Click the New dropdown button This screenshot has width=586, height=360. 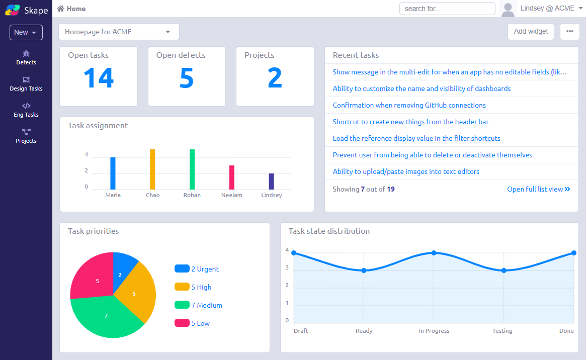(x=26, y=33)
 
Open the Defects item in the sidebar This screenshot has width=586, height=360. (x=26, y=58)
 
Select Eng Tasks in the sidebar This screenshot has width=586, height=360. (x=26, y=110)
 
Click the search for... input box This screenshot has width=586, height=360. (x=447, y=9)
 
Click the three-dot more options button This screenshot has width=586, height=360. (x=569, y=31)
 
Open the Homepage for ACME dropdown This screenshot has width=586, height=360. (x=119, y=32)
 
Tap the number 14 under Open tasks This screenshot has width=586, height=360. (x=99, y=78)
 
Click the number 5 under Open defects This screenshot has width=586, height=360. (x=187, y=78)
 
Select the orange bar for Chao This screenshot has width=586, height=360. (x=152, y=169)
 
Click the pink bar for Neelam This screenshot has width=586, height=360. (x=232, y=177)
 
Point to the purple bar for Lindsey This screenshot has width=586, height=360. (x=271, y=182)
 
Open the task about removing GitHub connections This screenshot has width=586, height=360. (x=409, y=105)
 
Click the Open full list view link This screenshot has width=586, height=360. (x=539, y=190)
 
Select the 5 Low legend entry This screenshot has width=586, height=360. (x=192, y=323)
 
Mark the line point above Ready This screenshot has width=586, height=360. (x=364, y=271)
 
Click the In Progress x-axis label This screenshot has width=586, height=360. (x=434, y=331)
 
